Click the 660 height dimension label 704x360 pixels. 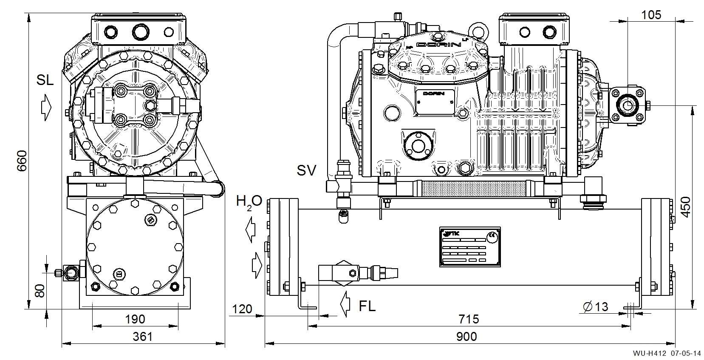22,161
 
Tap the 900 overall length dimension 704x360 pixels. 467,337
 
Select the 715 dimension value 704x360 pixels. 469,319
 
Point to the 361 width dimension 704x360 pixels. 143,337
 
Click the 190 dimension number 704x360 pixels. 135,319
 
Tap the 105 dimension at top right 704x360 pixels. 651,15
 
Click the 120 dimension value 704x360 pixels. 242,309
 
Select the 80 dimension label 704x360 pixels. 39,291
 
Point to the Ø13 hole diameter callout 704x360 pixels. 596,306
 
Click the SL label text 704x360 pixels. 45,80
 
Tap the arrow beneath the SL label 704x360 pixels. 46,108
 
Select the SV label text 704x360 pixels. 306,170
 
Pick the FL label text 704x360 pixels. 367,306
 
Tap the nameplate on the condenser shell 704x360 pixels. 469,247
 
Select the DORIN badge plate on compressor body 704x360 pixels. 433,102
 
